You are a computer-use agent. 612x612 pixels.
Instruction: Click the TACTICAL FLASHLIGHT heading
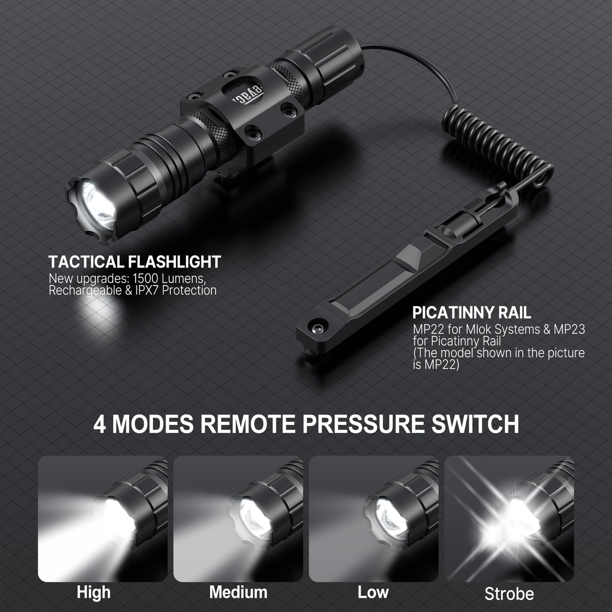135,262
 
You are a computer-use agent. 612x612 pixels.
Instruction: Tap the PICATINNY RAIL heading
471,313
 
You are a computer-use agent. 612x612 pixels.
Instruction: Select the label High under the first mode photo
94,592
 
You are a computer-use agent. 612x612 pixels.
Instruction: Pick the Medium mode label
238,592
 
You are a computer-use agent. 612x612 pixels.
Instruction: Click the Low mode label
373,592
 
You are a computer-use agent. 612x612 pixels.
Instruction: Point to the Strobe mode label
509,594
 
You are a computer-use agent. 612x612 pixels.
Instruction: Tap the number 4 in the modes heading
100,424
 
